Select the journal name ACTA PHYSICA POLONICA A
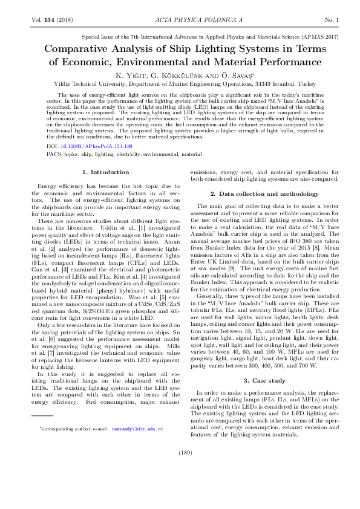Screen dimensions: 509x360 (180, 21)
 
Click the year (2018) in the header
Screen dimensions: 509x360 (65, 21)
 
